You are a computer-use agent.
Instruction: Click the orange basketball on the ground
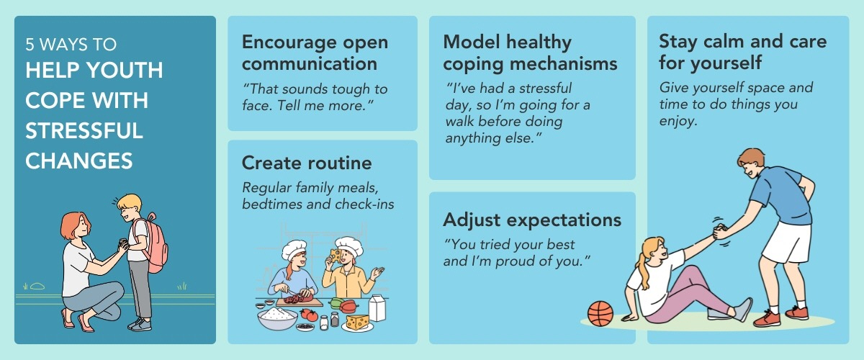click(600, 314)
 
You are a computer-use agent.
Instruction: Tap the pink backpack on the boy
click(154, 243)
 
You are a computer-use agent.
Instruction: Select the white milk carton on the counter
click(377, 307)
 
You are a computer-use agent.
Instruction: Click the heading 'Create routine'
click(307, 163)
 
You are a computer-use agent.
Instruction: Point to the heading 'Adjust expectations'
click(532, 220)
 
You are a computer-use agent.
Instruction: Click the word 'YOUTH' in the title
click(125, 71)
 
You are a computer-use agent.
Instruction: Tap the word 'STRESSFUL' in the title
click(84, 131)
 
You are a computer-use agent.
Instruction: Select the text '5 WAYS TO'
click(71, 45)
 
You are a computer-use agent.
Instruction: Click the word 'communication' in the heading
click(310, 63)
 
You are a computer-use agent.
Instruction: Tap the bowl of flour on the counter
click(277, 318)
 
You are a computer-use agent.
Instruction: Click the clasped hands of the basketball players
click(719, 231)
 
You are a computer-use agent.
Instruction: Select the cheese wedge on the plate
click(358, 321)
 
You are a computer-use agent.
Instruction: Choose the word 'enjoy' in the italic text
click(678, 122)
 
